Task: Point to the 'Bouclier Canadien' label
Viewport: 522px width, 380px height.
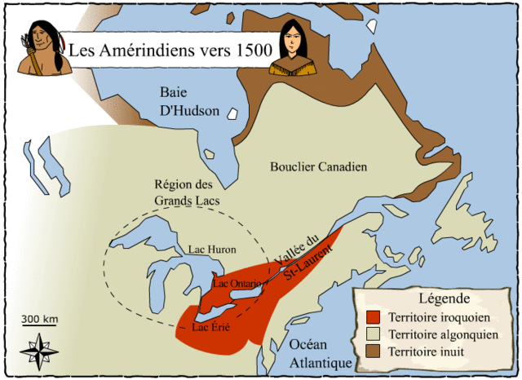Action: click(319, 166)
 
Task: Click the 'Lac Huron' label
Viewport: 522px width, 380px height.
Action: click(212, 250)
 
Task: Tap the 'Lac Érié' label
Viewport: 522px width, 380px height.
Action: click(210, 328)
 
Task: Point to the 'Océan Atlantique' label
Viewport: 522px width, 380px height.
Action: click(321, 353)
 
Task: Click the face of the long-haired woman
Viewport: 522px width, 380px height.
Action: click(291, 39)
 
